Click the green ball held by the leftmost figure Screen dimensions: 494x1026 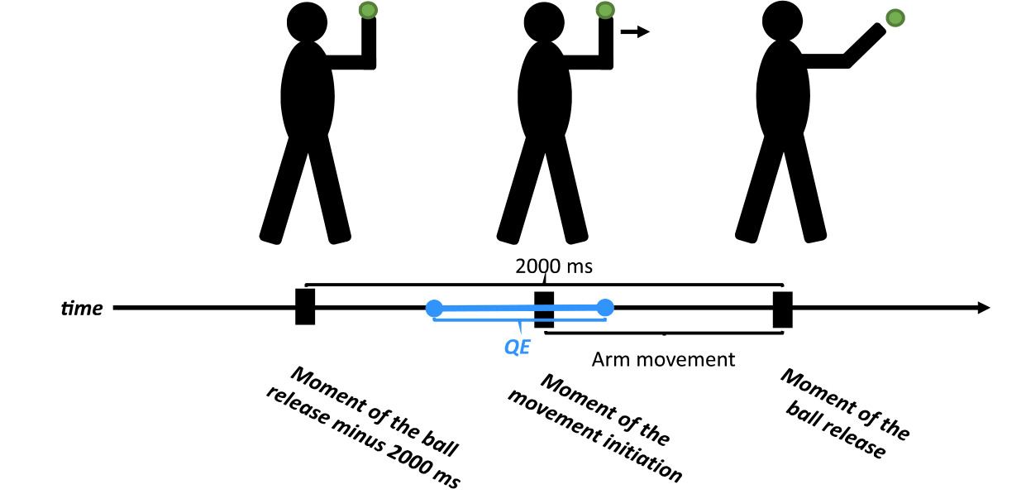coord(369,11)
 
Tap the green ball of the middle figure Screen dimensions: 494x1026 coord(605,11)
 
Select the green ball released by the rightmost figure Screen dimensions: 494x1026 coord(895,17)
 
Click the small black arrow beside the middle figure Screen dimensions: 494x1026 coord(635,32)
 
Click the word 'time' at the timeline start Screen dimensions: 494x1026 coord(83,309)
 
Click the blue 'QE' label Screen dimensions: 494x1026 coord(518,348)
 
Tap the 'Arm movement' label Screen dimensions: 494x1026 coord(663,360)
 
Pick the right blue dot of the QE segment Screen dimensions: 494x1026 coord(605,308)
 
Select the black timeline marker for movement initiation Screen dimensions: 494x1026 coord(544,309)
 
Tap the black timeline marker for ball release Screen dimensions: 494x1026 coord(782,309)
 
